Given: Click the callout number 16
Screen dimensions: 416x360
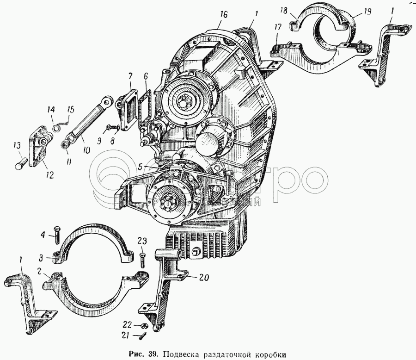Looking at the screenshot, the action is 224,15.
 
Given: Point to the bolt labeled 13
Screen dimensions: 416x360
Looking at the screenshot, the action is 20,164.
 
